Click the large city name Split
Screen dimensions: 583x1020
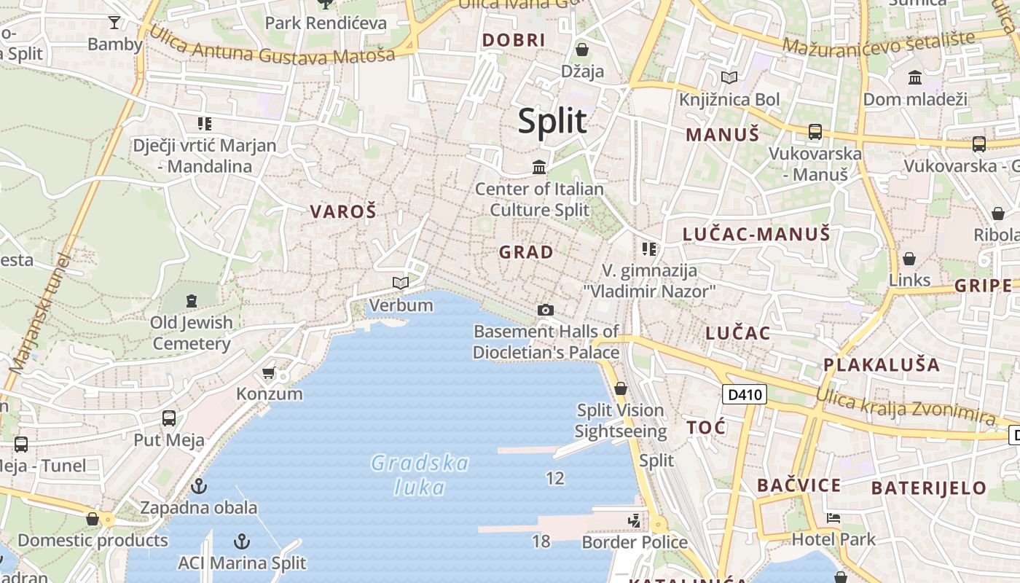552,121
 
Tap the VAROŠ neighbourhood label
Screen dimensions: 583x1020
343,212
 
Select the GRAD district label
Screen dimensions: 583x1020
526,253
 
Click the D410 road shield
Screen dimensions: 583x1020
745,395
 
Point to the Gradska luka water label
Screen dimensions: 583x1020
420,474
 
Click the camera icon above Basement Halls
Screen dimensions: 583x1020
545,310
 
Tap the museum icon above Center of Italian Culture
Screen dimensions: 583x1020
539,168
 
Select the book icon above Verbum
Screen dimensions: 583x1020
401,283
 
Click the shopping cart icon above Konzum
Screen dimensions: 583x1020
269,373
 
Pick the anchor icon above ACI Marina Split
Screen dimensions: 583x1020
242,541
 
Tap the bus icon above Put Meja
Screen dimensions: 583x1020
169,418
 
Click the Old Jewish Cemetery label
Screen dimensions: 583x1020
192,332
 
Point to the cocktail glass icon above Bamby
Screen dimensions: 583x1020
114,23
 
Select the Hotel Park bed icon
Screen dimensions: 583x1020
833,519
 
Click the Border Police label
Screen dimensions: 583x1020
635,542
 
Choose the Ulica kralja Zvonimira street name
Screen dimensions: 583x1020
905,406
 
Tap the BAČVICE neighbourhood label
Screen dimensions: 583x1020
799,485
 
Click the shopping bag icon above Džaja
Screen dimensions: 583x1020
582,50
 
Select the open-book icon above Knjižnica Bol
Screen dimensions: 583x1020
729,77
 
